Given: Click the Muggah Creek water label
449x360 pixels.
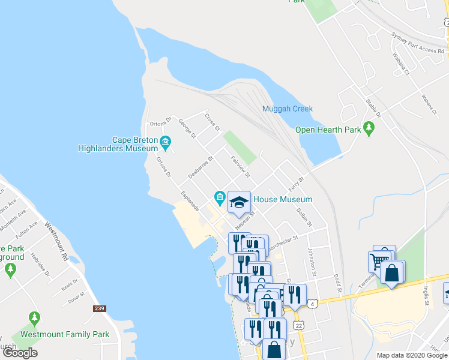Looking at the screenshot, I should click(287, 109).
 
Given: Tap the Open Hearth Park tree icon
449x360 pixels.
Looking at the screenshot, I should click(369, 128).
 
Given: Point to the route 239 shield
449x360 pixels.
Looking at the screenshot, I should click(99, 308).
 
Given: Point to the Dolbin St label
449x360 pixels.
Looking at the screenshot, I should click(304, 216).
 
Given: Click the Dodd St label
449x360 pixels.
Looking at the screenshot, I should click(338, 284).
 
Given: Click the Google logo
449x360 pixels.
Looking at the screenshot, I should click(20, 353).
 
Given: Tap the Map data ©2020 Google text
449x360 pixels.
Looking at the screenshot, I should click(411, 355).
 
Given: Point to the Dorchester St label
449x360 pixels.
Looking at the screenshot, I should click(283, 241).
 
